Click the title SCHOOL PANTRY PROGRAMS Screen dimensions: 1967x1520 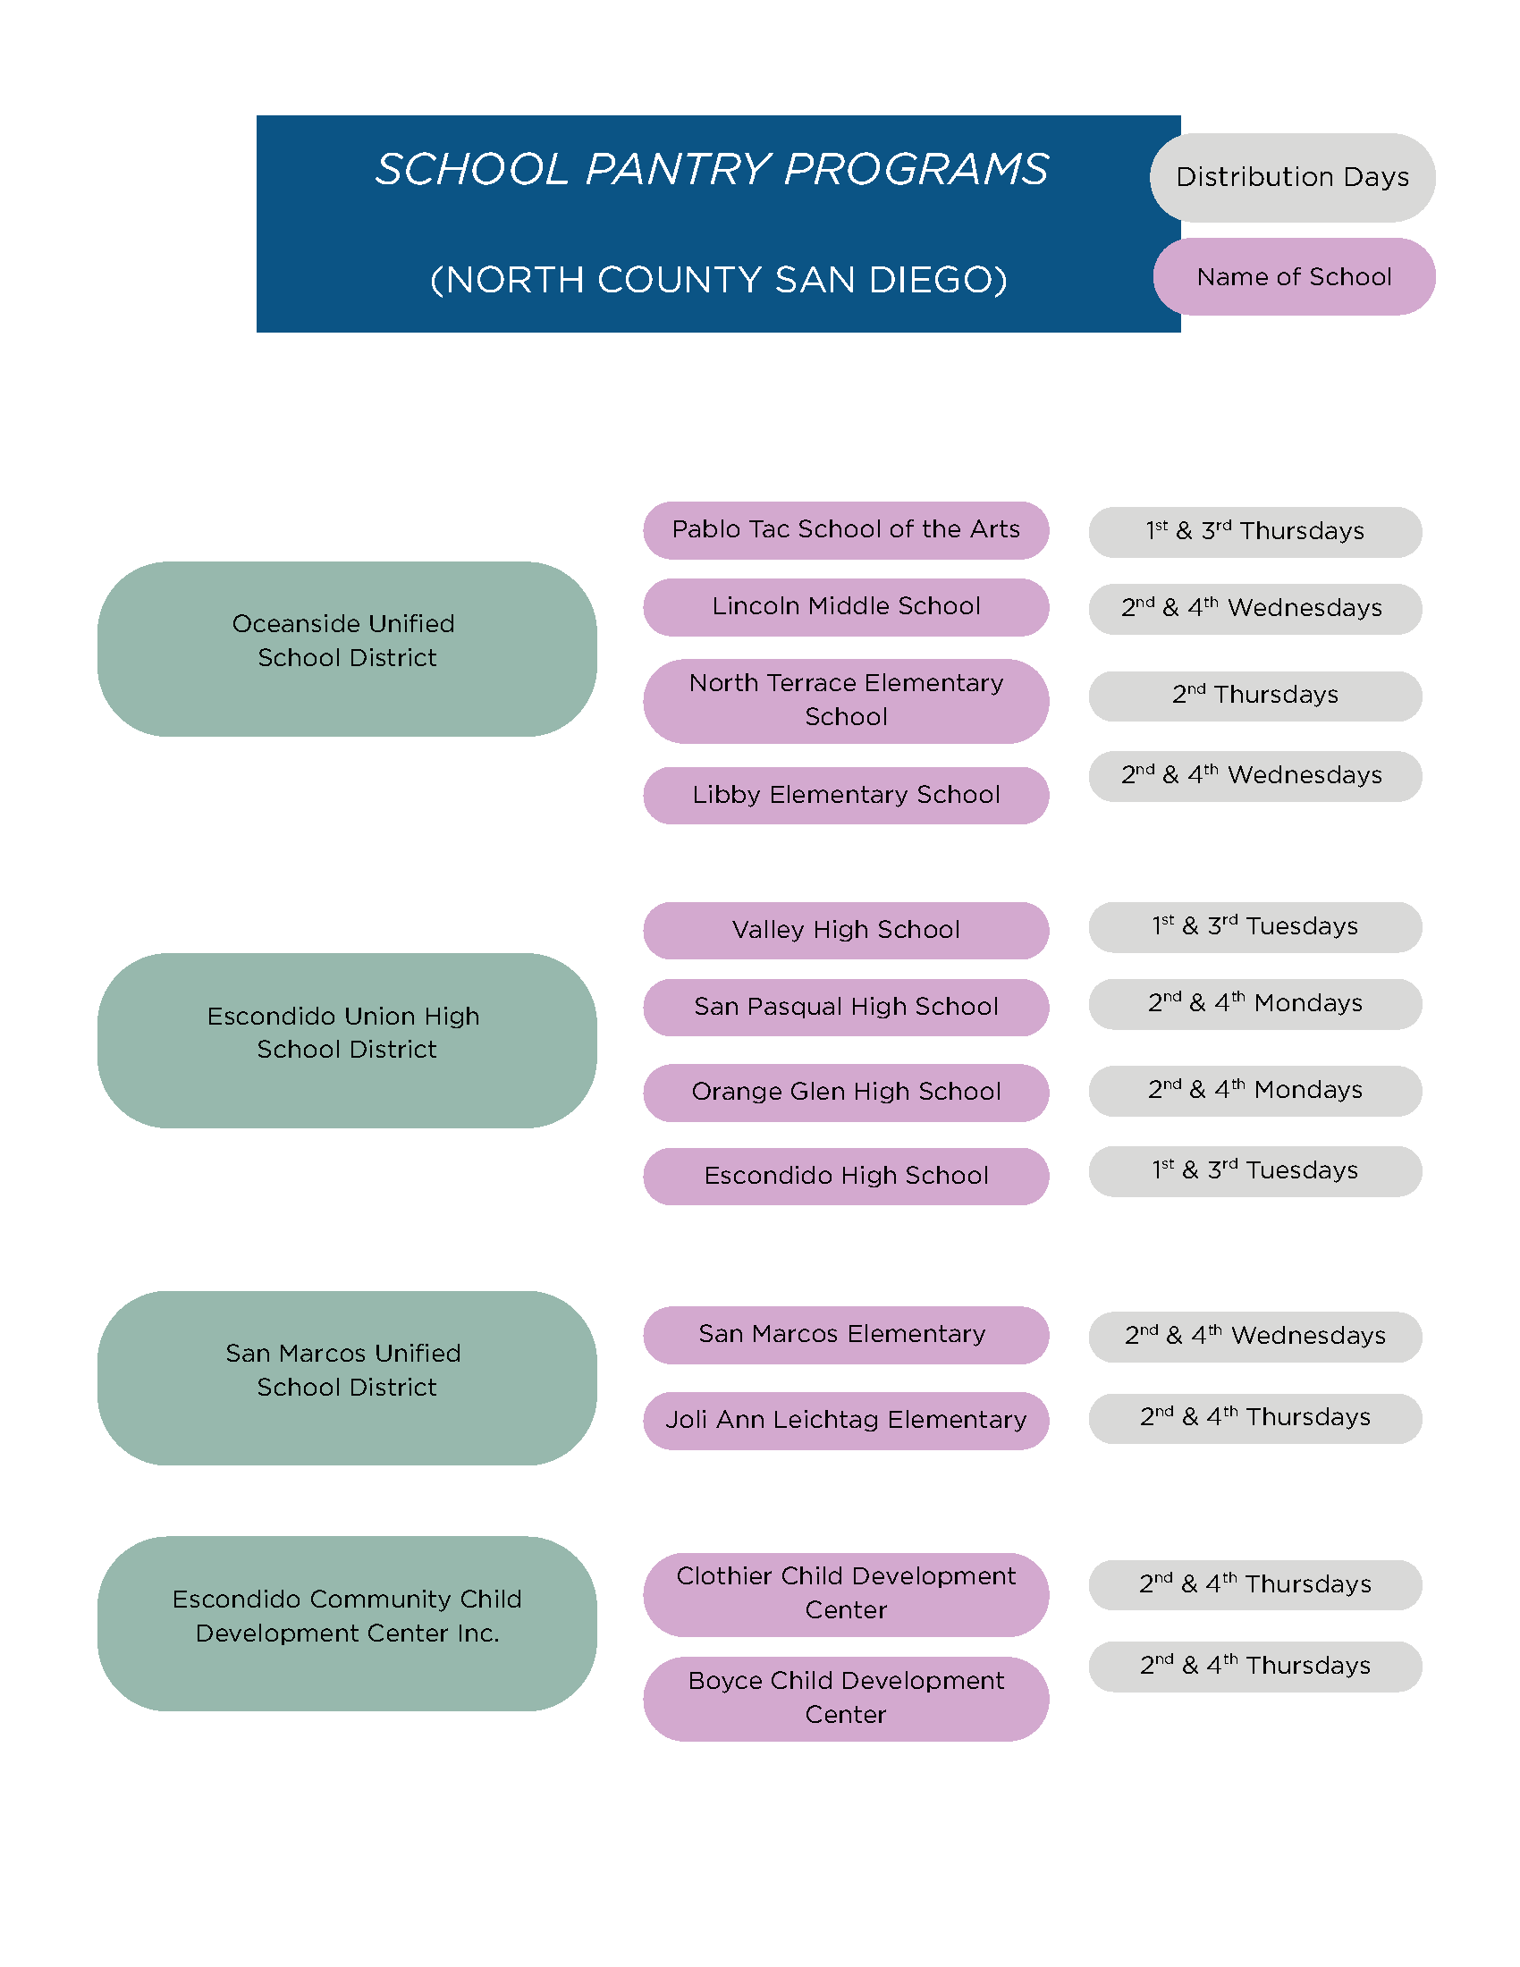click(x=712, y=169)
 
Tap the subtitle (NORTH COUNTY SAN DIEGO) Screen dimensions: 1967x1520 click(x=718, y=280)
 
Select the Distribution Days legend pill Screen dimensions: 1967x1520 click(x=1292, y=177)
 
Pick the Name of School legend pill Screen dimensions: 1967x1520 click(x=1294, y=276)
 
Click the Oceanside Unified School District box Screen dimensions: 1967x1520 click(x=347, y=648)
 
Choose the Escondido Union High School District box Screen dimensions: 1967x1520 click(x=347, y=1040)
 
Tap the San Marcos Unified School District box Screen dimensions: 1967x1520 click(x=347, y=1377)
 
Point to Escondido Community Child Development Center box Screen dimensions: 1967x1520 click(x=347, y=1623)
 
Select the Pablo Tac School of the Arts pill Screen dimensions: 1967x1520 click(x=846, y=529)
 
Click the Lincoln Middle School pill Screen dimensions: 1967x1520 click(x=846, y=607)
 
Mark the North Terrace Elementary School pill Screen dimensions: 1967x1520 click(x=846, y=701)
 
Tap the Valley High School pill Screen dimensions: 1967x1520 click(x=846, y=931)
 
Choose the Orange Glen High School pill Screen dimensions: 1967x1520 click(x=846, y=1093)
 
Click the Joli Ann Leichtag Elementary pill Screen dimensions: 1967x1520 click(x=846, y=1421)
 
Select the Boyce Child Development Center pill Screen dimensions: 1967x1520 click(x=846, y=1698)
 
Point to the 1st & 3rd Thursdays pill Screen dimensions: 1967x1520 click(x=1254, y=531)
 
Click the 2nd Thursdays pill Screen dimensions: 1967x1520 click(x=1254, y=696)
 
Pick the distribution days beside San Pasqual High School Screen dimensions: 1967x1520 click(x=1254, y=1003)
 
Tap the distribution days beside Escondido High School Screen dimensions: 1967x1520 click(x=1254, y=1171)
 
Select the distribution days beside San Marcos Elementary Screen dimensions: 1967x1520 click(x=1254, y=1336)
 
